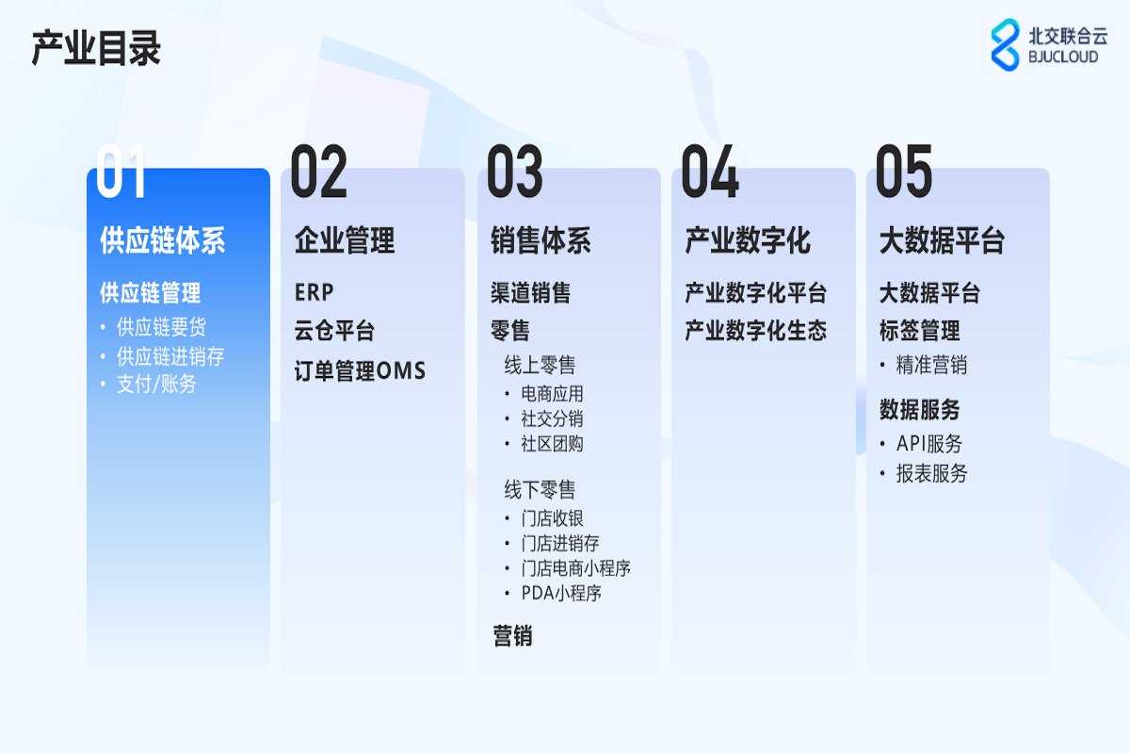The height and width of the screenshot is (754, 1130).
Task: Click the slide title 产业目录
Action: pos(96,48)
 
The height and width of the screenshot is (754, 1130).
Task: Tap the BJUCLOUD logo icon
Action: pos(1005,45)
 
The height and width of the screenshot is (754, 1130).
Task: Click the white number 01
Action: pos(121,171)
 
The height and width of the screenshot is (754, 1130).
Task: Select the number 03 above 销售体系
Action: pos(514,171)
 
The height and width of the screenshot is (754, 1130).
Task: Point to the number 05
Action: pos(904,171)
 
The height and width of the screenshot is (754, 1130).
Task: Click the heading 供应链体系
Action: pos(162,240)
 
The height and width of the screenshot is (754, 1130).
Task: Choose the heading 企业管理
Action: pos(345,240)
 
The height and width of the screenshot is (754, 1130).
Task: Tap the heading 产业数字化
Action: pos(748,240)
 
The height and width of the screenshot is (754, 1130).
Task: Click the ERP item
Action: pos(315,292)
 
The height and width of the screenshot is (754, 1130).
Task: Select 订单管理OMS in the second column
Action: pos(360,370)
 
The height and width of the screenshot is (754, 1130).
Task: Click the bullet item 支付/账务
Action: pos(156,384)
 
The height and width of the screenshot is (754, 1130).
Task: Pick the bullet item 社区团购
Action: pos(552,444)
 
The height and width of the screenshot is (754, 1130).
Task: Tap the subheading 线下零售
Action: pos(540,489)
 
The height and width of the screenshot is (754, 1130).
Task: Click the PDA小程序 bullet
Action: pos(561,593)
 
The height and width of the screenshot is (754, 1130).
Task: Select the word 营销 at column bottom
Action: pos(512,636)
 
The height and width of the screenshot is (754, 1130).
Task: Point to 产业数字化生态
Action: pos(755,331)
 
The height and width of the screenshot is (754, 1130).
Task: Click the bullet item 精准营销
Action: pos(931,365)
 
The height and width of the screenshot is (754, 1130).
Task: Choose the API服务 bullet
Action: pos(929,444)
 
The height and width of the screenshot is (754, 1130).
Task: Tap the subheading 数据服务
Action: pos(920,409)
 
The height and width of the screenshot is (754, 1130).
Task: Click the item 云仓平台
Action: pos(334,331)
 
